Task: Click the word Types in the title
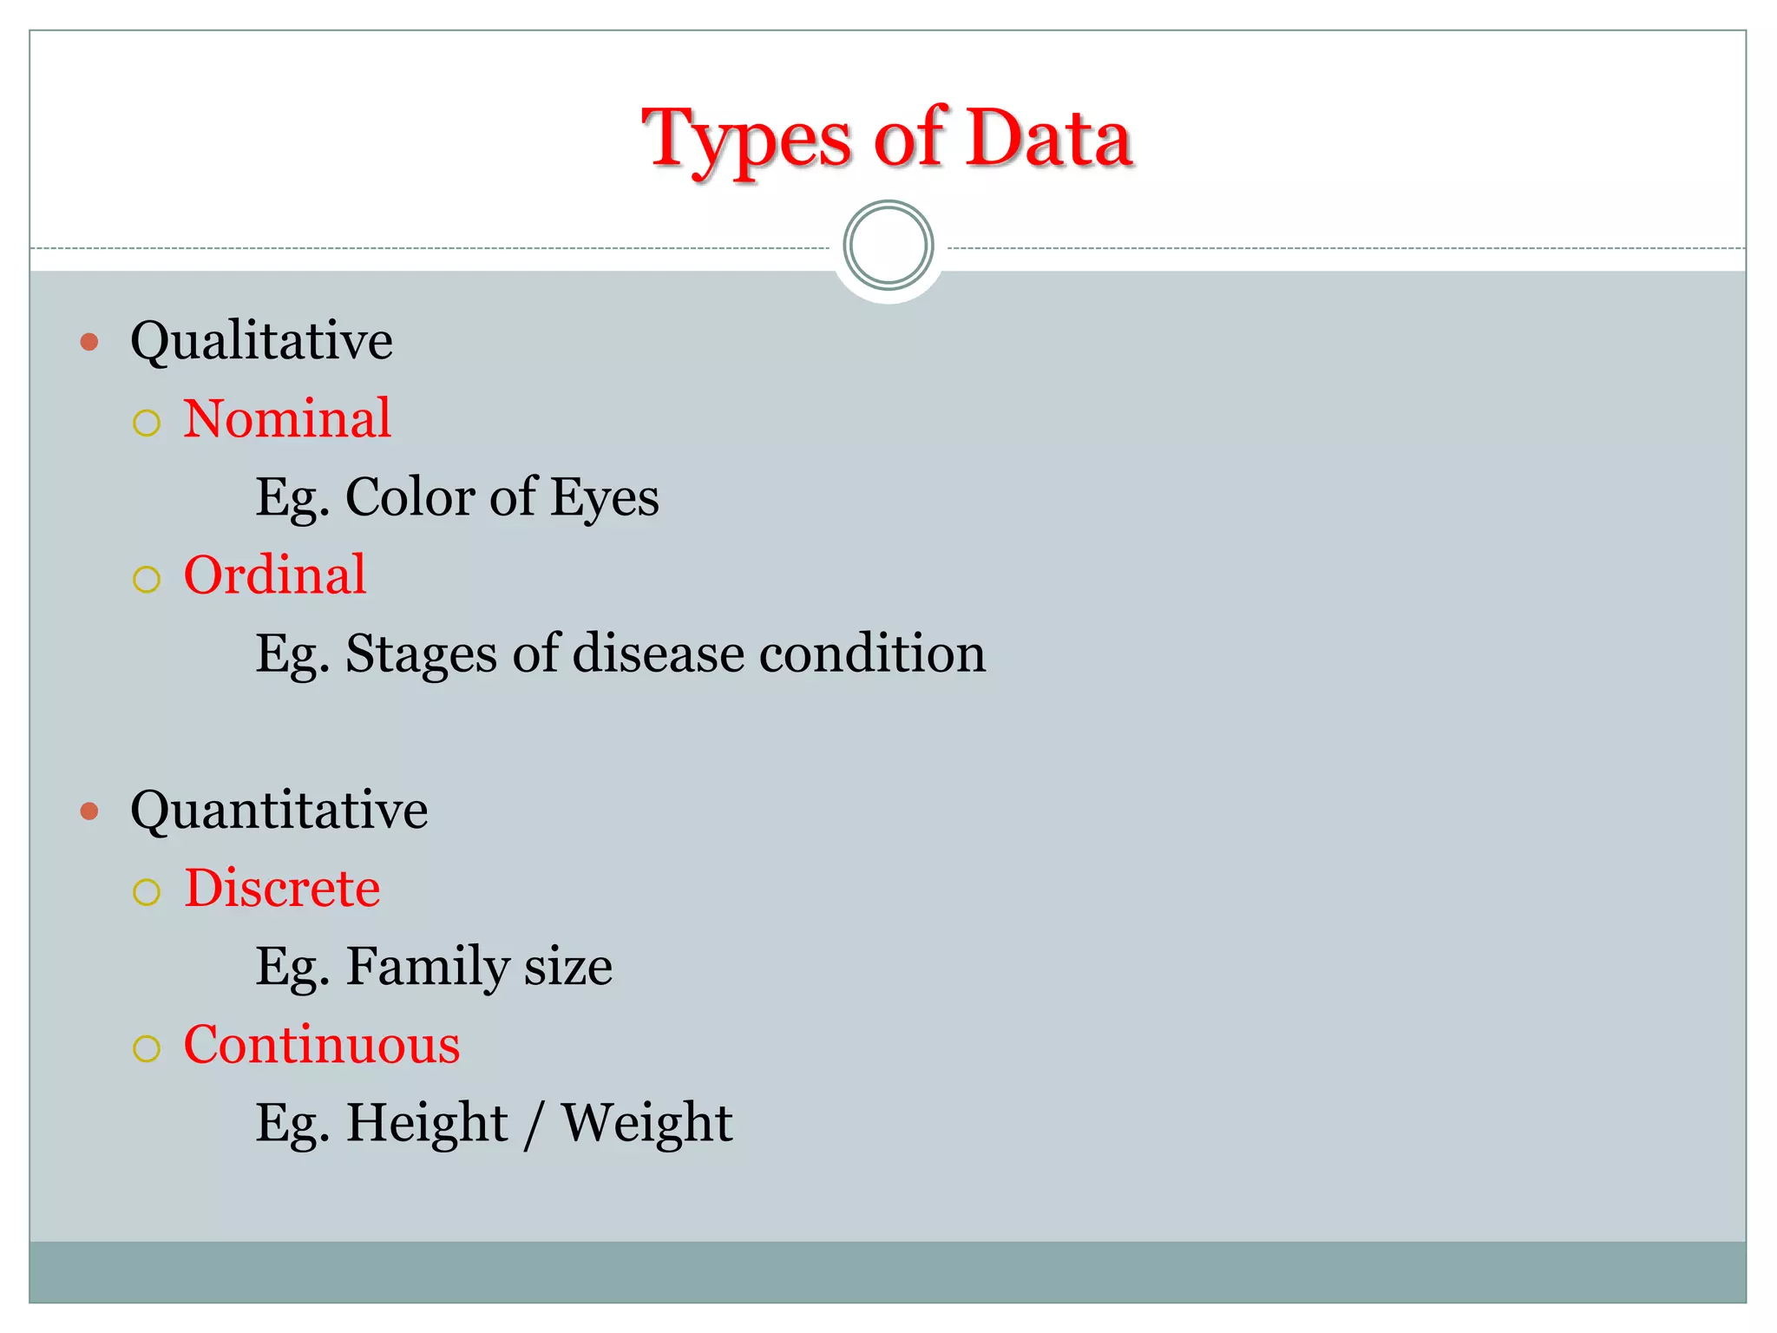point(748,139)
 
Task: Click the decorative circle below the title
point(888,246)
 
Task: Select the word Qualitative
point(261,340)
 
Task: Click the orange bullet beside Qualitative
point(89,342)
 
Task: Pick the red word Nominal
point(287,418)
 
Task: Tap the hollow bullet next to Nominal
point(147,424)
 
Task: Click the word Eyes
point(604,498)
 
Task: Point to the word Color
point(410,496)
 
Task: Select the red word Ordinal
point(275,575)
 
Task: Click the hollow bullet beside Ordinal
point(147,580)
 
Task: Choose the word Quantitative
point(279,811)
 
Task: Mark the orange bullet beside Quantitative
point(89,811)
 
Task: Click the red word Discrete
point(282,888)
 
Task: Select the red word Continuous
point(322,1044)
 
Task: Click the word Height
point(427,1123)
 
